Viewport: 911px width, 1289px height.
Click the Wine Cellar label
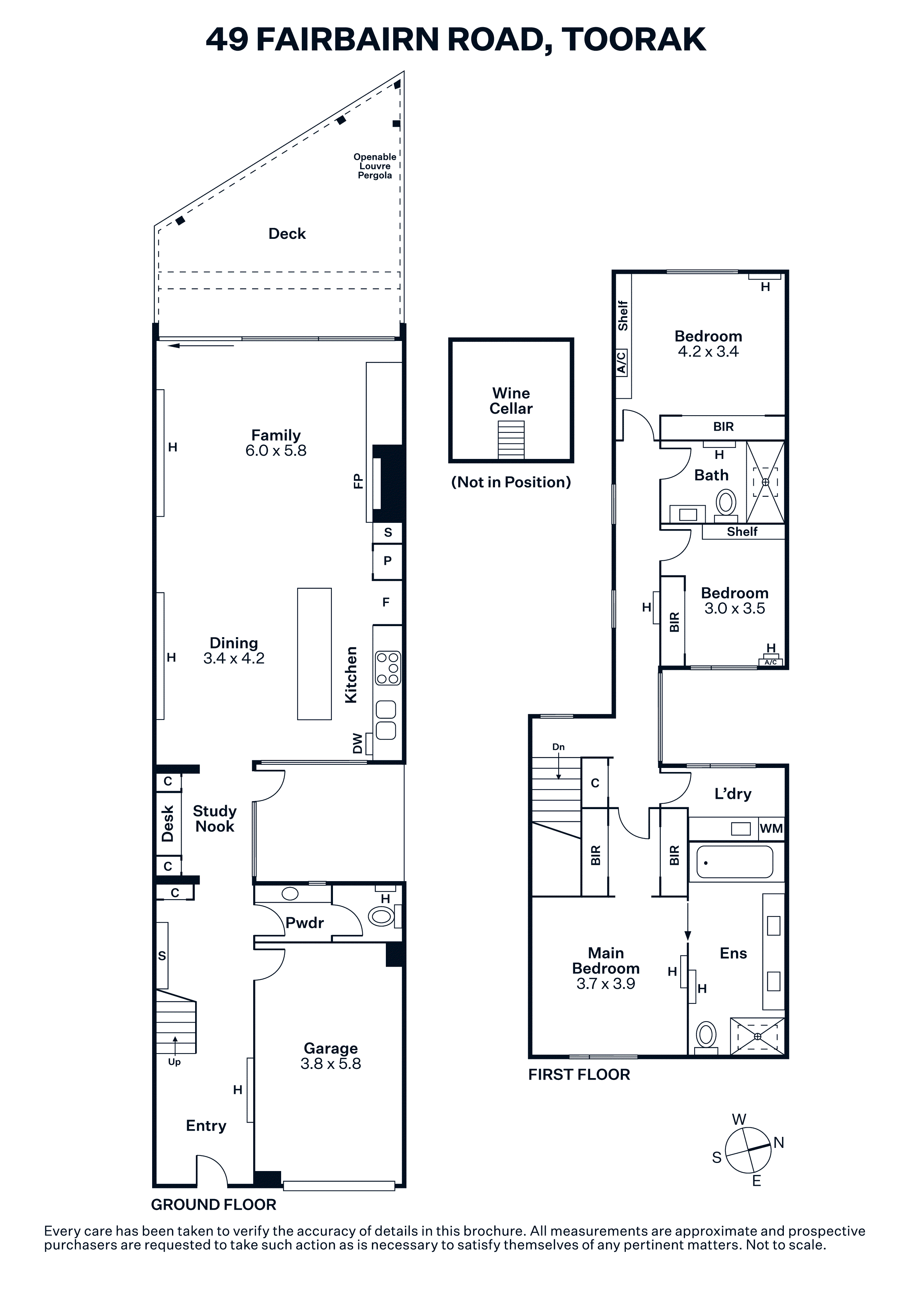click(511, 401)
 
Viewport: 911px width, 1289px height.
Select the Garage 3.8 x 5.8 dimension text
click(331, 1063)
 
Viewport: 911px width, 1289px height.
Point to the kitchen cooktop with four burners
click(388, 668)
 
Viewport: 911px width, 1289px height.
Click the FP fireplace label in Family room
click(358, 481)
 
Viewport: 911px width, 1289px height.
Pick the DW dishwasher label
click(358, 744)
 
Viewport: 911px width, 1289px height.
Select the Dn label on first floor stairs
click(559, 747)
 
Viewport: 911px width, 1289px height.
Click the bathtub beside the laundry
click(735, 861)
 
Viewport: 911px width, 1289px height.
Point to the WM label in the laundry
click(771, 828)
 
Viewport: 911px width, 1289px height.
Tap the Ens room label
click(733, 953)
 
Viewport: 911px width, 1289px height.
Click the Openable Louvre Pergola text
click(375, 166)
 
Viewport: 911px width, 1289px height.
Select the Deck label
click(287, 234)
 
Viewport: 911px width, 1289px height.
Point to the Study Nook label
click(214, 819)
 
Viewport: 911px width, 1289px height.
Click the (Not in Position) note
click(511, 482)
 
